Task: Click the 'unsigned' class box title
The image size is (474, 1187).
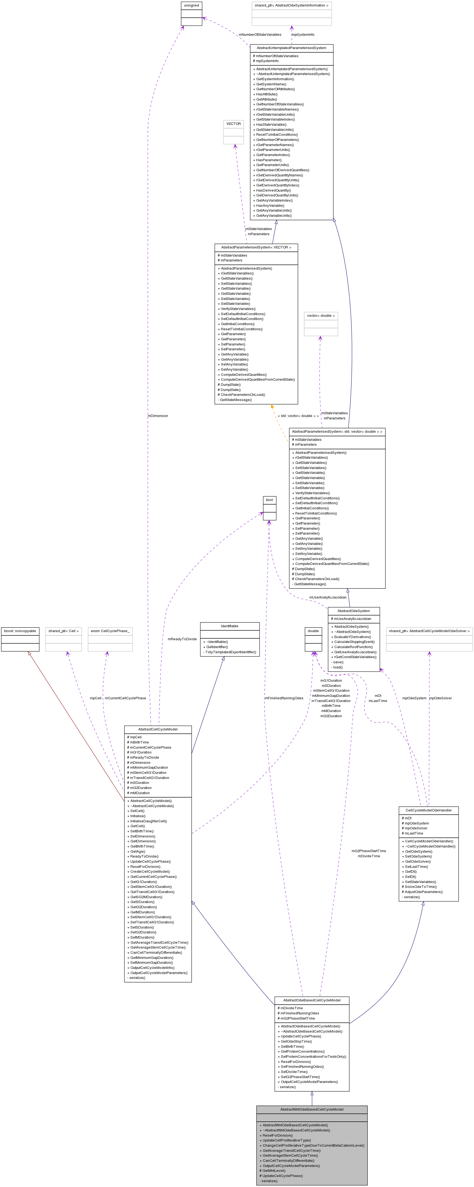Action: pyautogui.click(x=191, y=5)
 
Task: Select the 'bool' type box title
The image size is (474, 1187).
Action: pyautogui.click(x=269, y=500)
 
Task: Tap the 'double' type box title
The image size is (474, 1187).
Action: pyautogui.click(x=313, y=631)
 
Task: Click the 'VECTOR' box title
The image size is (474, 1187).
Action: pyautogui.click(x=233, y=124)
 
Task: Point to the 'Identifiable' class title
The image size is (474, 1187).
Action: pyautogui.click(x=229, y=626)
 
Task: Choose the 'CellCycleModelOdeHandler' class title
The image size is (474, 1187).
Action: pyautogui.click(x=428, y=810)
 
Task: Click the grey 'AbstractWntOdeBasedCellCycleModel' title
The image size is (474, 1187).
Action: pyautogui.click(x=312, y=1109)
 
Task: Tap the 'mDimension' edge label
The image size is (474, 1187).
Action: pyautogui.click(x=158, y=416)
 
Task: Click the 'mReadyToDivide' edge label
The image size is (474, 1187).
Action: pyautogui.click(x=182, y=639)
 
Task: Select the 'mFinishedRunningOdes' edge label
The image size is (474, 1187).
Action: pyautogui.click(x=284, y=698)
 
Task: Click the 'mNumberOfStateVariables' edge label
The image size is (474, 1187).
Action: pyautogui.click(x=260, y=35)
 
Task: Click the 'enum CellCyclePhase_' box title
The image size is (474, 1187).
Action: pyautogui.click(x=110, y=631)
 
